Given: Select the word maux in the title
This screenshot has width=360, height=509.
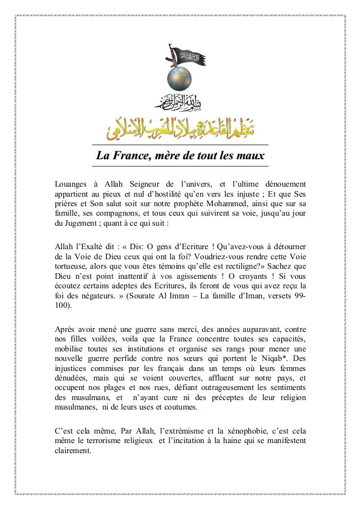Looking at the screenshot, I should point(250,155).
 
